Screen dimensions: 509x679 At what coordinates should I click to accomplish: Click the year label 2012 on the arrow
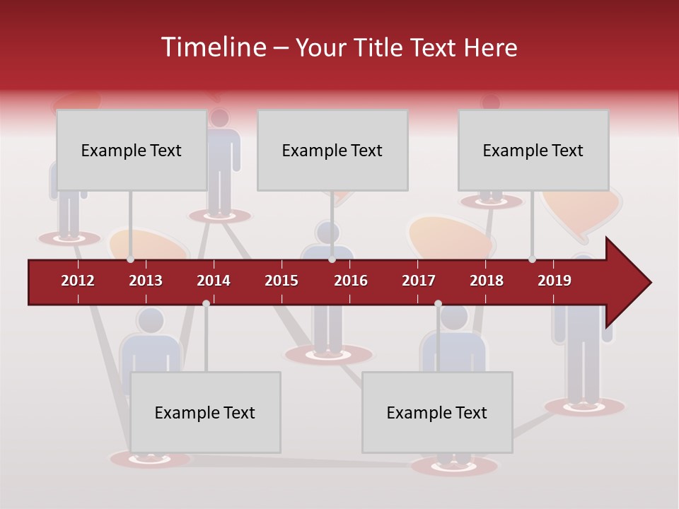(x=78, y=281)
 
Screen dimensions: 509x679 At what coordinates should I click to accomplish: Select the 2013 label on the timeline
(x=146, y=281)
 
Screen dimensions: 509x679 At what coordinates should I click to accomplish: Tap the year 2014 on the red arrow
(x=214, y=281)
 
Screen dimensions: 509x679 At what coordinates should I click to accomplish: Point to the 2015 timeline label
(x=282, y=281)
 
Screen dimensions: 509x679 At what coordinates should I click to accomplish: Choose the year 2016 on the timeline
(x=351, y=281)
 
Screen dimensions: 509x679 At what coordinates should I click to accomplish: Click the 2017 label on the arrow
(x=419, y=281)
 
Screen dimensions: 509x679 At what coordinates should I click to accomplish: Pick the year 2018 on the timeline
(x=487, y=281)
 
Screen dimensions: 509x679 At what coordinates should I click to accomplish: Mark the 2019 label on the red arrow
(x=555, y=281)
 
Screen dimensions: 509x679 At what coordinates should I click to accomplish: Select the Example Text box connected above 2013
(x=132, y=150)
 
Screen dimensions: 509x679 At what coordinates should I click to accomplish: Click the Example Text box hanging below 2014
(x=205, y=412)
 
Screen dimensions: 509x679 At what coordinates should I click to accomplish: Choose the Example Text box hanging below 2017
(x=437, y=412)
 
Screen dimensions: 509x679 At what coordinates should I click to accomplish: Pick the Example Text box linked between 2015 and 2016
(x=332, y=150)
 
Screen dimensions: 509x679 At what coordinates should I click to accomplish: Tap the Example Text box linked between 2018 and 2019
(x=533, y=150)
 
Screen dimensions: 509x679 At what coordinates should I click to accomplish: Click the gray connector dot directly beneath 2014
(x=206, y=303)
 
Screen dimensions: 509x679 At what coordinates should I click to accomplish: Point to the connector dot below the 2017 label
(x=438, y=303)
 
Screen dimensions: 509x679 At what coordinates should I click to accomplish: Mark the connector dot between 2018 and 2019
(x=533, y=259)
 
